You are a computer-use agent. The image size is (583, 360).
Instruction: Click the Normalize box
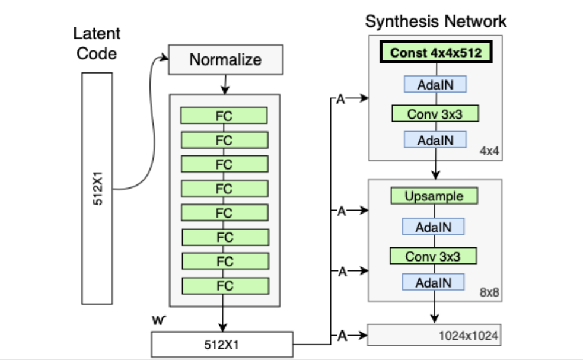click(x=225, y=60)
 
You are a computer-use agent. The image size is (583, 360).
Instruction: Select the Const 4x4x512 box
click(x=435, y=53)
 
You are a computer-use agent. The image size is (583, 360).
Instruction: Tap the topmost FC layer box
click(x=224, y=116)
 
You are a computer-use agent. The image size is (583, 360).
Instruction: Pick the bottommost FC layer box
click(x=224, y=285)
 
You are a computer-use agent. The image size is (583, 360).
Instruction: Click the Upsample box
click(x=434, y=196)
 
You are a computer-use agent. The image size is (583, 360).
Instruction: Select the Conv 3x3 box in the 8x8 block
click(x=433, y=257)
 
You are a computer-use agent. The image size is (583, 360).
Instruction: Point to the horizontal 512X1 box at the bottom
click(x=222, y=343)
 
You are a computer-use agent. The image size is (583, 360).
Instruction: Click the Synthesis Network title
click(x=435, y=21)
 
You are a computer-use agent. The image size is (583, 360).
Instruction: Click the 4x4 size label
click(x=490, y=152)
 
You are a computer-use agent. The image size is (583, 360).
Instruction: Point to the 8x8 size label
click(x=490, y=292)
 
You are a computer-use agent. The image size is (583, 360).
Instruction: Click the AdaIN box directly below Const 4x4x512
click(x=435, y=84)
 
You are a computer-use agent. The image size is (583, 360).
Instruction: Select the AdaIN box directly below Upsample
click(x=434, y=227)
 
